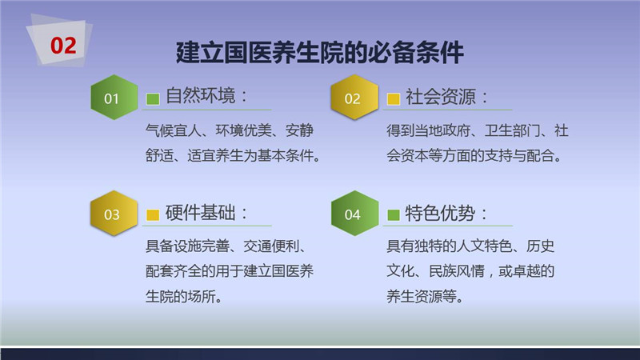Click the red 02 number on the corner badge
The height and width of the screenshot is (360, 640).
coord(63,46)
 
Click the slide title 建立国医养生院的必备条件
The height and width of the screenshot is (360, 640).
coord(319,53)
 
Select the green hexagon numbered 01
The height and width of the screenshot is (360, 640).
coord(114,97)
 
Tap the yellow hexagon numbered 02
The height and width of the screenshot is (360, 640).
coord(354,97)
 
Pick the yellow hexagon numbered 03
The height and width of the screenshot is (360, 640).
coord(114,213)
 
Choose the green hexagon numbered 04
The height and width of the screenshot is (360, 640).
coord(354,213)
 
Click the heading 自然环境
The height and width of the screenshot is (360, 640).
coord(201,96)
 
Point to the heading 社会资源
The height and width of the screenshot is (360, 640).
coord(441,97)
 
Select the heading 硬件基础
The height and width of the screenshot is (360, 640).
coord(201,213)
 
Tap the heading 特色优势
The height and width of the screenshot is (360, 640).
coord(440,213)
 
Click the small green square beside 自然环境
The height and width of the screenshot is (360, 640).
coord(153,98)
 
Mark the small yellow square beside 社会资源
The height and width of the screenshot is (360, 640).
coord(393,98)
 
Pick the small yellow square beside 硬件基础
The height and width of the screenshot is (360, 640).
coord(153,214)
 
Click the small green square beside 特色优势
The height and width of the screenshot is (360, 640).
coord(393,214)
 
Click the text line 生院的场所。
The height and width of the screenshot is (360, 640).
coord(184,296)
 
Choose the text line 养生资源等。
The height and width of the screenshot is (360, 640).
coord(425,296)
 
